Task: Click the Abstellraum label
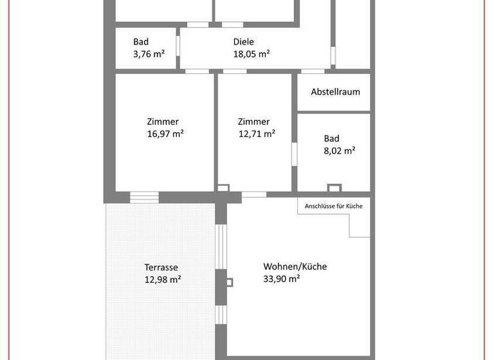(335, 92)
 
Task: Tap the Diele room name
(244, 42)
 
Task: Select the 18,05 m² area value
(251, 55)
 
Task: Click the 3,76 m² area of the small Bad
(149, 55)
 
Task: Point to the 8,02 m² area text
(340, 151)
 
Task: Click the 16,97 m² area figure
(165, 134)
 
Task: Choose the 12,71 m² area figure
(257, 134)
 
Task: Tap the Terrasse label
(161, 267)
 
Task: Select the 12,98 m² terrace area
(163, 280)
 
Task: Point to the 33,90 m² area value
(282, 279)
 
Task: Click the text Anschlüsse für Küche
(334, 206)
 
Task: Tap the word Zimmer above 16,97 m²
(162, 122)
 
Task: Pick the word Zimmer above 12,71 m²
(253, 122)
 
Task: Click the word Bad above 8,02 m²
(331, 138)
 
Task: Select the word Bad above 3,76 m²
(141, 42)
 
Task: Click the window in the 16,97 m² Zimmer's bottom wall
(144, 196)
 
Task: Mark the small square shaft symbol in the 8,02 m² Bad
(334, 188)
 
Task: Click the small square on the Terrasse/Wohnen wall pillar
(230, 282)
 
